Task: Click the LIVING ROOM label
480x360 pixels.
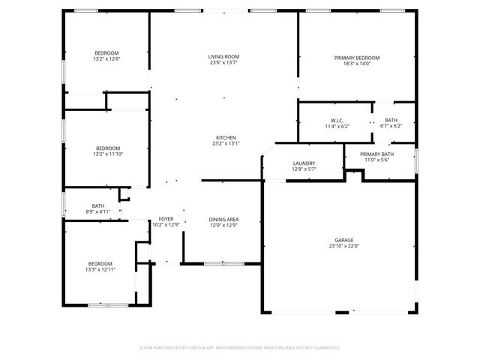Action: [x=223, y=57]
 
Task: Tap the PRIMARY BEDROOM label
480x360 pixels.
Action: [x=356, y=58]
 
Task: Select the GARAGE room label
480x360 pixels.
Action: [x=344, y=240]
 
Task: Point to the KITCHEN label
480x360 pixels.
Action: [x=226, y=138]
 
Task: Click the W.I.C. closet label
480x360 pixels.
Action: [x=337, y=121]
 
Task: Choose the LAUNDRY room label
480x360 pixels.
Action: [x=304, y=163]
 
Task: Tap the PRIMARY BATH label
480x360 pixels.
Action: [x=376, y=154]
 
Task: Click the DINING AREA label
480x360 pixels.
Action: [x=223, y=219]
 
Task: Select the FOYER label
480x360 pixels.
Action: [x=166, y=219]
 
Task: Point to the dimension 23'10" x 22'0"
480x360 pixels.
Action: [x=344, y=246]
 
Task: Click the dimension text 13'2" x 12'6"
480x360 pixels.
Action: [x=106, y=58]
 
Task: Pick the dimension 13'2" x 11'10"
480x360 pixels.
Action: [x=106, y=154]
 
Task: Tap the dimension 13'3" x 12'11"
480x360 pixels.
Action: [x=100, y=269]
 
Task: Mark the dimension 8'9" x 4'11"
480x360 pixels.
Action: [x=98, y=211]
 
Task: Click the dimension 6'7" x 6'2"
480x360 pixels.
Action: [x=391, y=126]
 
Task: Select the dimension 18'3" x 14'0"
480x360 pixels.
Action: [x=356, y=64]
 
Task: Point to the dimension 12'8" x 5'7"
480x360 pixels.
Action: [x=304, y=169]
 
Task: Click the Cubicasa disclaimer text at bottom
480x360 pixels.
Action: [x=240, y=347]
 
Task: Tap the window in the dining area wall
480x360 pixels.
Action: [x=223, y=263]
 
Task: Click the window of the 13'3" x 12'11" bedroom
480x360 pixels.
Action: [x=108, y=304]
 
